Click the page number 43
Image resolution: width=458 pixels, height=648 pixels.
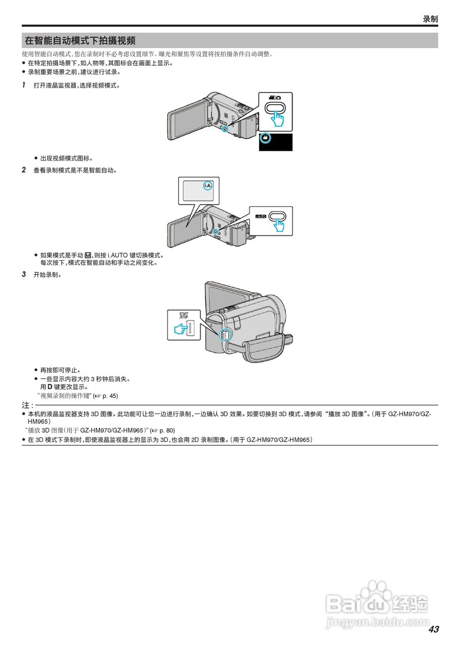[x=433, y=629]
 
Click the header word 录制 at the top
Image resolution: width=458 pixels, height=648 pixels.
[x=430, y=19]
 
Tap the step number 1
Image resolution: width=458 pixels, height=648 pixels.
[x=24, y=85]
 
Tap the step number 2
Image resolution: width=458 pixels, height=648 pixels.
[x=24, y=170]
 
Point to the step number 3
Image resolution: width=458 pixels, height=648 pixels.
[x=24, y=274]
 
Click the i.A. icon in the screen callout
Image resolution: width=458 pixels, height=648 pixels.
[x=208, y=185]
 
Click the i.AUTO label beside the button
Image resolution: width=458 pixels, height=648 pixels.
[x=261, y=216]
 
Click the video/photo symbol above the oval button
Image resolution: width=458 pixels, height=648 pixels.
[x=275, y=97]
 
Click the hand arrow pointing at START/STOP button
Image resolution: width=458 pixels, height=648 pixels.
[x=179, y=330]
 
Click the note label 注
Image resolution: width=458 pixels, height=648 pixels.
[x=27, y=406]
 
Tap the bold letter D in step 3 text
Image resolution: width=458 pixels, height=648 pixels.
[x=50, y=387]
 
